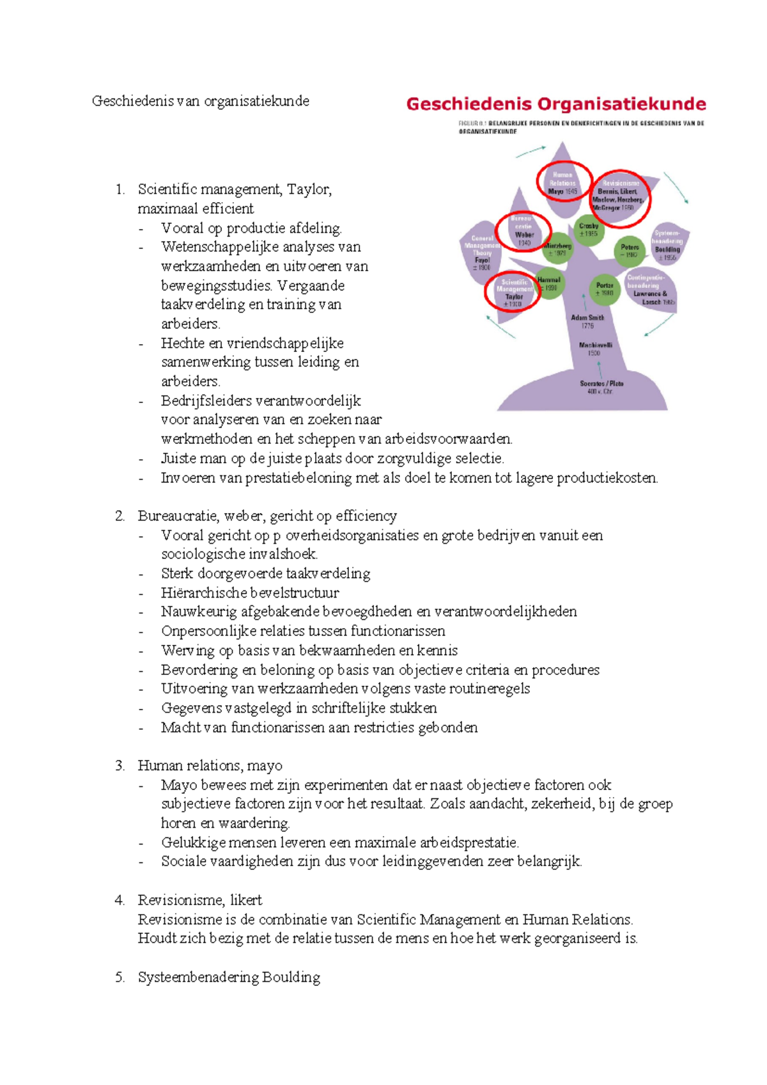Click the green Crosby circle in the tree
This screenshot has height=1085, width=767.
point(589,230)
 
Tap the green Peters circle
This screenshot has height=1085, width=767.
point(630,251)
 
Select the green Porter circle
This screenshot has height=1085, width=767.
point(605,289)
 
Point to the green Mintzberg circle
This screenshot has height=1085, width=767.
point(557,249)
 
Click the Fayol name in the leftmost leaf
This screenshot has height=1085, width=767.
point(482,260)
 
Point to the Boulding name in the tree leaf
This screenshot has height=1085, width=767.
point(667,249)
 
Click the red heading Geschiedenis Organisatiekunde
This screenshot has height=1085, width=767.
point(556,104)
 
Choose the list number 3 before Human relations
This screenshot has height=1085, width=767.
point(120,766)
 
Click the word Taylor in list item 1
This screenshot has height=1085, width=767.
point(309,189)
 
